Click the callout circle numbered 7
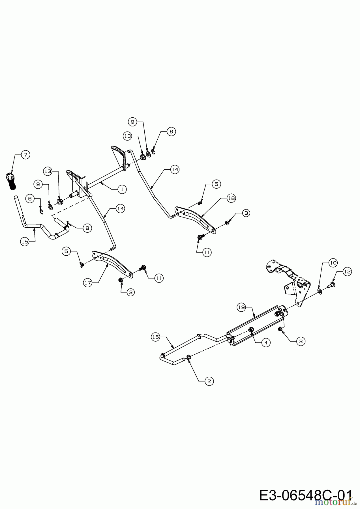click(25, 155)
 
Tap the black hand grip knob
click(10, 181)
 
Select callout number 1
click(122, 189)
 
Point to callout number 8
click(87, 228)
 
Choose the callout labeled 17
click(88, 282)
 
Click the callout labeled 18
click(232, 198)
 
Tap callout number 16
click(156, 337)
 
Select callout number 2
click(209, 381)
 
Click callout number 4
click(266, 342)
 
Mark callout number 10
click(333, 263)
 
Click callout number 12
click(347, 272)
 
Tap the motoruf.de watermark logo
click(333, 502)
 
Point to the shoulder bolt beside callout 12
click(331, 285)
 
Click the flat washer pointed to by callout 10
click(320, 291)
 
